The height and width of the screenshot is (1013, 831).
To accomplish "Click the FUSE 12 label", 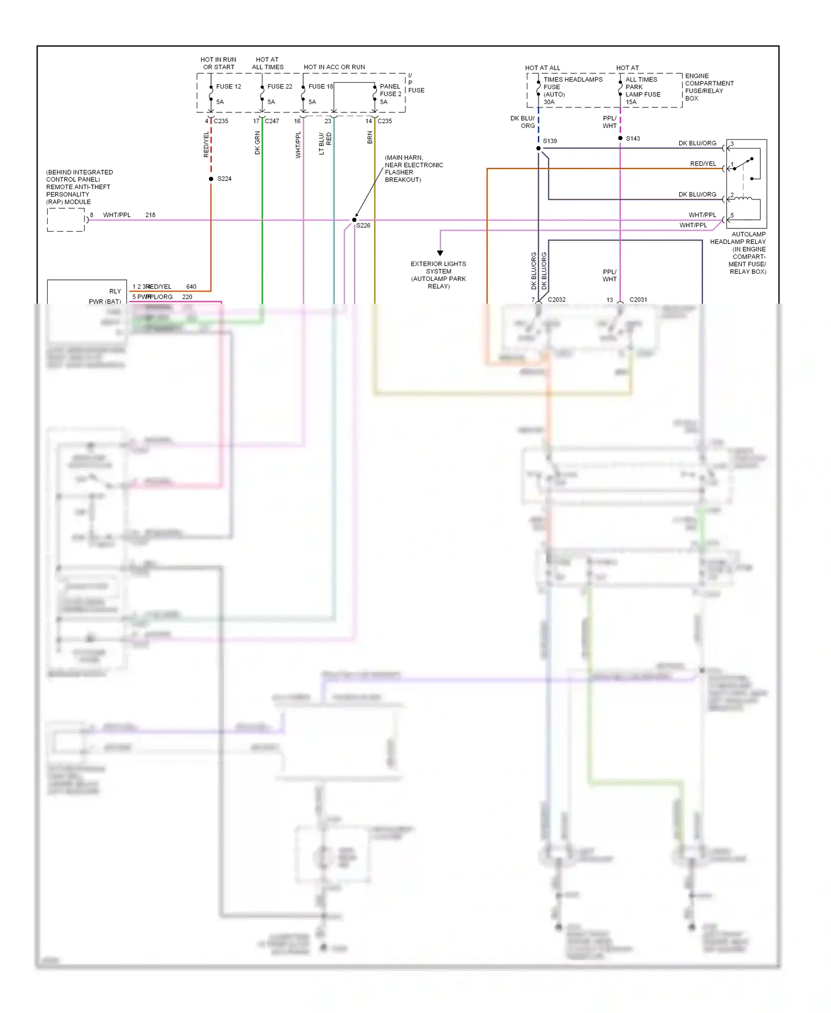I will [x=228, y=86].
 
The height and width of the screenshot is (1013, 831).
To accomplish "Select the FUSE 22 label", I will [x=279, y=86].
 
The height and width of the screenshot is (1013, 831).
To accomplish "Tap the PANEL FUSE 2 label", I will [x=390, y=90].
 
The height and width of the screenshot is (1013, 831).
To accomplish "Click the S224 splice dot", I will [x=211, y=179].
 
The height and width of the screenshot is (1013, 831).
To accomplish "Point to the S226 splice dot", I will [x=355, y=220].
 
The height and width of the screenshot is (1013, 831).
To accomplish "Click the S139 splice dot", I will [x=538, y=149].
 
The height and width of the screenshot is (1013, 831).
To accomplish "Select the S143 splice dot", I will [x=620, y=138].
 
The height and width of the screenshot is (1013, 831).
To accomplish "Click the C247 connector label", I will [x=272, y=121].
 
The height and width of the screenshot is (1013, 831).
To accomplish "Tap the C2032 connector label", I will [x=556, y=300].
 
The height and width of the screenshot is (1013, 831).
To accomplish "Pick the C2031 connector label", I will [x=638, y=300].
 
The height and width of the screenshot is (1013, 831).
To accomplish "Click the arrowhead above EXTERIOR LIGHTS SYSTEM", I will [x=440, y=253].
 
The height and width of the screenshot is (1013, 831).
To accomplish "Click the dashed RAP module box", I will [x=66, y=220].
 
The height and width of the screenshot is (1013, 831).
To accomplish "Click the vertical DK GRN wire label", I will [x=257, y=143].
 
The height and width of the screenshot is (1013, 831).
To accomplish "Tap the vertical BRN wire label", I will [x=370, y=137].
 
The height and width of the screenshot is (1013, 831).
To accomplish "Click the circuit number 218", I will [x=150, y=215].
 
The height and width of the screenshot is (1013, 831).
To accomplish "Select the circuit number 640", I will [x=191, y=286].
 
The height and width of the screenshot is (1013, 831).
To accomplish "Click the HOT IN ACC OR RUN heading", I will [x=334, y=67].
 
